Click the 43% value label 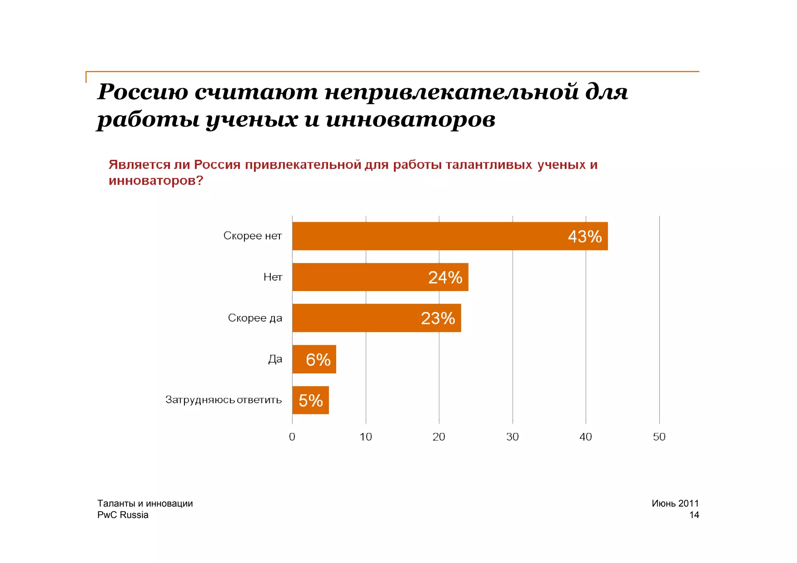point(585,237)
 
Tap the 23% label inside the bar point(438,318)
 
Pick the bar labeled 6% point(314,359)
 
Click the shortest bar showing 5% point(310,400)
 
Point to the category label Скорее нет point(252,236)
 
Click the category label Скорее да point(255,318)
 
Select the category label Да point(275,359)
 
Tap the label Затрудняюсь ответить point(223,400)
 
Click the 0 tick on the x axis point(292,437)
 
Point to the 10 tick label point(365,437)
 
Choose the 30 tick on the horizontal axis point(513,437)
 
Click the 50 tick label point(659,437)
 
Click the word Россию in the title point(142,93)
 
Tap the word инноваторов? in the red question point(156,181)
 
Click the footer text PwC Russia point(123,515)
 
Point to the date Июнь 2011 point(675,503)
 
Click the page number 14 point(694,515)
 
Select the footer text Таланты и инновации point(145,503)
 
